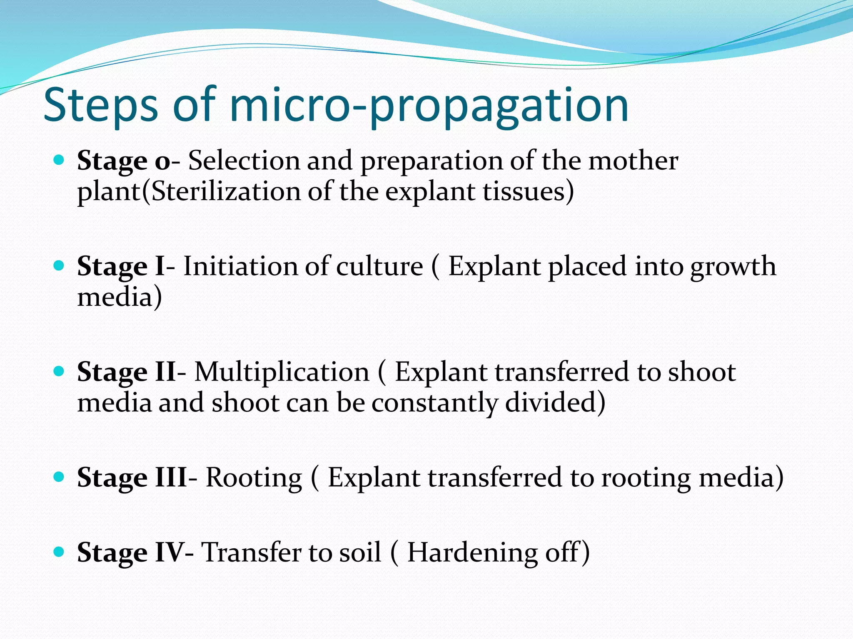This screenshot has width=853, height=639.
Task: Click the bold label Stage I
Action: [x=121, y=266]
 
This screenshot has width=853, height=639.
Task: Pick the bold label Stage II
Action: [x=127, y=372]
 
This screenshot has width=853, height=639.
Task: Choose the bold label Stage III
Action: [x=132, y=477]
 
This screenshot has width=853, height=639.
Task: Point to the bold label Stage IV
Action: [x=130, y=552]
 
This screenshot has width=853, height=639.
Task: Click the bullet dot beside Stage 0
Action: [x=59, y=160]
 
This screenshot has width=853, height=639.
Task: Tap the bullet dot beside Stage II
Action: [x=59, y=371]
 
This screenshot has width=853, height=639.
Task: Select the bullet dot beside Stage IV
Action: [x=59, y=552]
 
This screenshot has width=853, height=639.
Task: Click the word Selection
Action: [x=244, y=161]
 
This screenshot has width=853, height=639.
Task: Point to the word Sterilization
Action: [x=225, y=192]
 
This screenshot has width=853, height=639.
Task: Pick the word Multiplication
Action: [x=282, y=372]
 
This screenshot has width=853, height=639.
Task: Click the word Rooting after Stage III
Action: [x=254, y=477]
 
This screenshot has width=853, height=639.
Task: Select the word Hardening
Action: [x=472, y=552]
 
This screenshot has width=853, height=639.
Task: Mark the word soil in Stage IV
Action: [x=360, y=552]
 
